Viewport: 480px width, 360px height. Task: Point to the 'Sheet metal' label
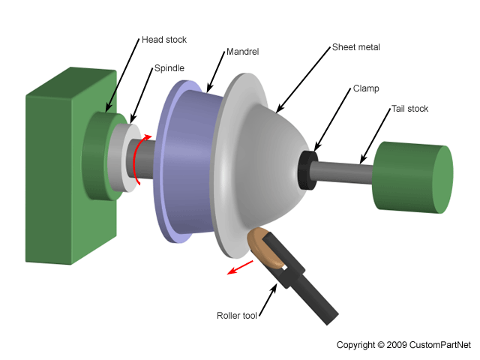coord(356,47)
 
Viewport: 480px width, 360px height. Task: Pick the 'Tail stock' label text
coord(409,109)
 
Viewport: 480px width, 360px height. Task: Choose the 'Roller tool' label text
coord(236,316)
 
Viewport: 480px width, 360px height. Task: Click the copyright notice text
coord(403,345)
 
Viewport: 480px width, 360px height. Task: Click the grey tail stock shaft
coord(345,171)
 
